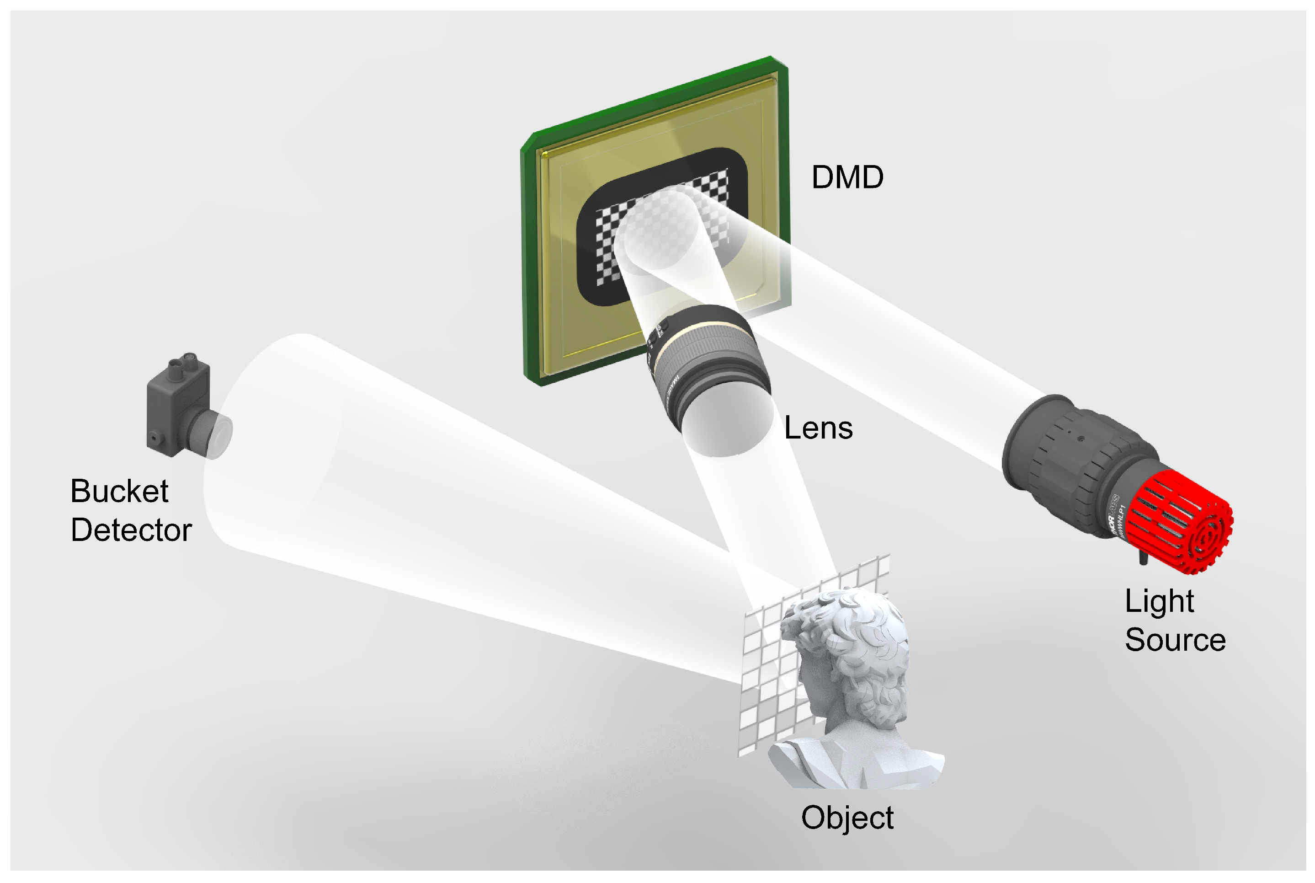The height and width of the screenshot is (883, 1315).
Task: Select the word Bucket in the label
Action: coord(119,491)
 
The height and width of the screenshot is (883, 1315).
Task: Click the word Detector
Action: coord(131,530)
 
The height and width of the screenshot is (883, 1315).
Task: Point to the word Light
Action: coord(1159,601)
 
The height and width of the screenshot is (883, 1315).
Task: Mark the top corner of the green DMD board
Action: coord(771,58)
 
